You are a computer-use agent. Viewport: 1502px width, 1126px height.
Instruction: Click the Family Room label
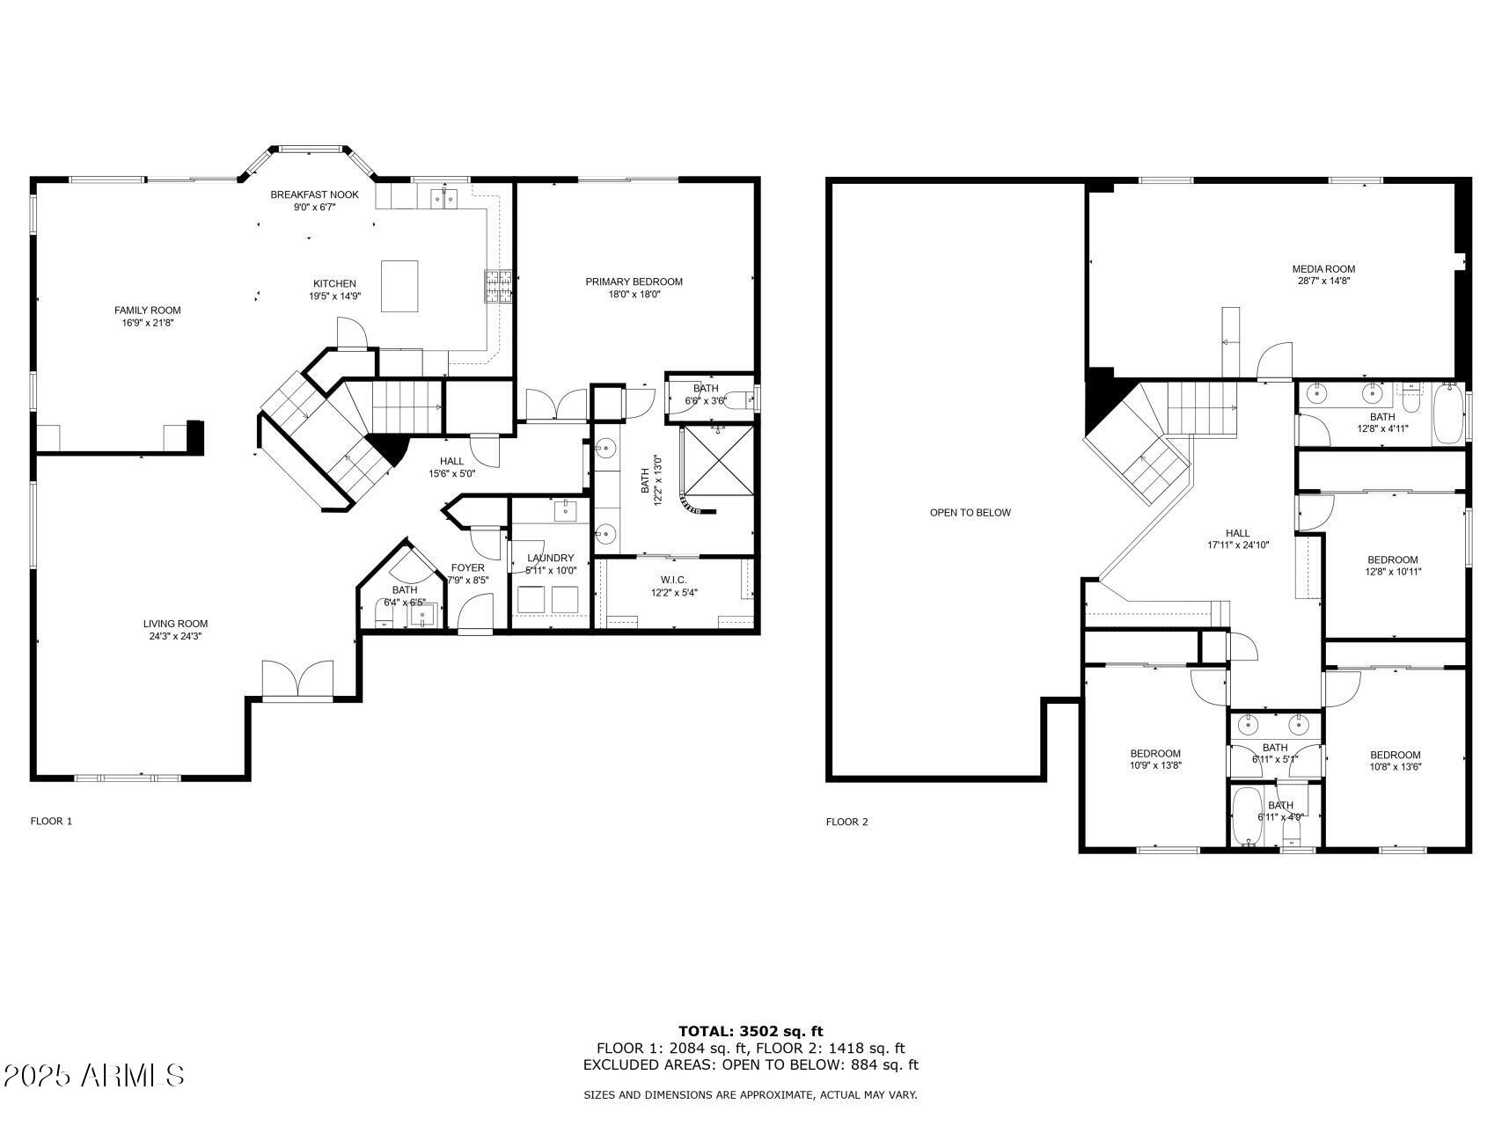[147, 310]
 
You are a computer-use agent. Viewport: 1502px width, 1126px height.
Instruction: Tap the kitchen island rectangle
[399, 285]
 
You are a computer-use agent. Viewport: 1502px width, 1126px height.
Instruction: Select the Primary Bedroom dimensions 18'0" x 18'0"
[634, 295]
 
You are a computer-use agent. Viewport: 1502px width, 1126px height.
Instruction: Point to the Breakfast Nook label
[314, 194]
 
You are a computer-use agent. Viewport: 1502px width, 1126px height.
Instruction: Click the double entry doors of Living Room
[297, 678]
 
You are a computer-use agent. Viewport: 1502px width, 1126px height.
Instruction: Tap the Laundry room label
[550, 558]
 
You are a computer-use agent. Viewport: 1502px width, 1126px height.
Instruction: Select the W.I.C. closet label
[674, 580]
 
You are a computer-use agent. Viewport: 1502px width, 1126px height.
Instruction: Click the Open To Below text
[970, 512]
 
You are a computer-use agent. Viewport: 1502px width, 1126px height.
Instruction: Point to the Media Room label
[1322, 268]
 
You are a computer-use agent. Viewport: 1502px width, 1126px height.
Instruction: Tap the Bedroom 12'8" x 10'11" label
[1392, 559]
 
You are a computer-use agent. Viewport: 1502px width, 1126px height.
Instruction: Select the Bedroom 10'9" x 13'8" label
[1154, 753]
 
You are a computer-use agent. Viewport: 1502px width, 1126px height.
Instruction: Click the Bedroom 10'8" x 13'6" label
[1395, 755]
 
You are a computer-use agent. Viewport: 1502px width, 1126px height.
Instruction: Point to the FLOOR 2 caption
[846, 822]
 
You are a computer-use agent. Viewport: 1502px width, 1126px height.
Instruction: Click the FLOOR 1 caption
[51, 821]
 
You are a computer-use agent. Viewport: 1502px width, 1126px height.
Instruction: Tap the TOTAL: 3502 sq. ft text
[750, 1031]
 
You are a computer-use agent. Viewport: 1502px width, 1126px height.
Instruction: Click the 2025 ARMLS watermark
[93, 1075]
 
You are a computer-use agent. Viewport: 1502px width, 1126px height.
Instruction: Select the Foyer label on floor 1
[467, 567]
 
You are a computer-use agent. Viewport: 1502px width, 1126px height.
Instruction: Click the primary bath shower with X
[719, 461]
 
